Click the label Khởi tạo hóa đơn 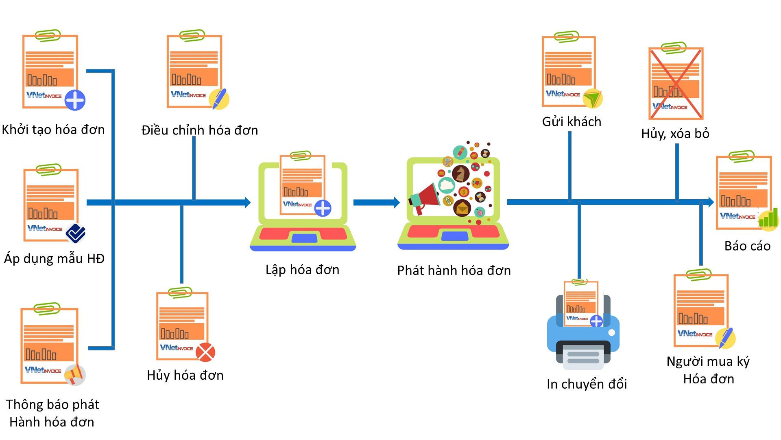coord(53,130)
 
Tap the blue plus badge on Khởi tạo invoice coord(75,100)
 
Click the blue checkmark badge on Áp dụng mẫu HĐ coord(76,233)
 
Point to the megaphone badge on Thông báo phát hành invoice coord(75,374)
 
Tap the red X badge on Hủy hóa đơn coord(205,352)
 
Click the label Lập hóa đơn coord(302,270)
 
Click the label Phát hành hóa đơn coord(454,271)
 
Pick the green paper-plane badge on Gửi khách coord(593,99)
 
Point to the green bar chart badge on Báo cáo coord(769,220)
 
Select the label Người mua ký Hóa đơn coord(708,370)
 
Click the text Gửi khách coord(572,122)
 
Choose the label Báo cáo coord(747,246)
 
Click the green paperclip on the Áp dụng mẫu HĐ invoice coord(48,169)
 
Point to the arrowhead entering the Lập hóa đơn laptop coord(247,202)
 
